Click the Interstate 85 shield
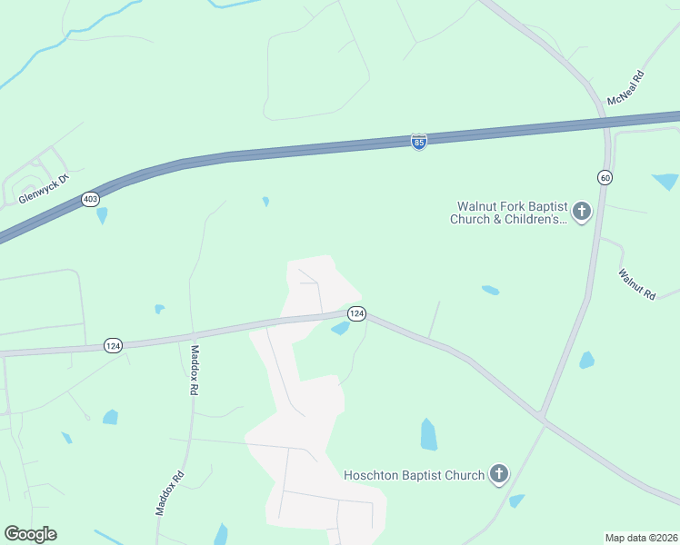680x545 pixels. pyautogui.click(x=418, y=142)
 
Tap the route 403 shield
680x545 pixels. pyautogui.click(x=90, y=199)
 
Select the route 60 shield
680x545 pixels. pyautogui.click(x=605, y=177)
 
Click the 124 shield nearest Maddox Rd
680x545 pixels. pyautogui.click(x=113, y=345)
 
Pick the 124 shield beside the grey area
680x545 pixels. pyautogui.click(x=356, y=313)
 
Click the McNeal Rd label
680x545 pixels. pyautogui.click(x=625, y=89)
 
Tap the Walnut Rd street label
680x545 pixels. pyautogui.click(x=636, y=284)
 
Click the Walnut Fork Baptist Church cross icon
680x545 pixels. pyautogui.click(x=582, y=213)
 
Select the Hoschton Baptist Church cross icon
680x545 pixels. pyautogui.click(x=498, y=473)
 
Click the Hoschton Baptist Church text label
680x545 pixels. pyautogui.click(x=414, y=474)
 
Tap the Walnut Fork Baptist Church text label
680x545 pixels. pyautogui.click(x=509, y=213)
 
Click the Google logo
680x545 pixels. pyautogui.click(x=30, y=534)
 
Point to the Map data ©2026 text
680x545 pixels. pyautogui.click(x=641, y=538)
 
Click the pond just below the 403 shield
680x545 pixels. pyautogui.click(x=102, y=215)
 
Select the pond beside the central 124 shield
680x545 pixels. pyautogui.click(x=341, y=328)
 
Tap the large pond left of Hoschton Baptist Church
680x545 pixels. pyautogui.click(x=428, y=434)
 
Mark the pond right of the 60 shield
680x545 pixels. pyautogui.click(x=665, y=180)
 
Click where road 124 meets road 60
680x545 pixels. pyautogui.click(x=541, y=417)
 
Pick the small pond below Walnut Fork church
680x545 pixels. pyautogui.click(x=490, y=291)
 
